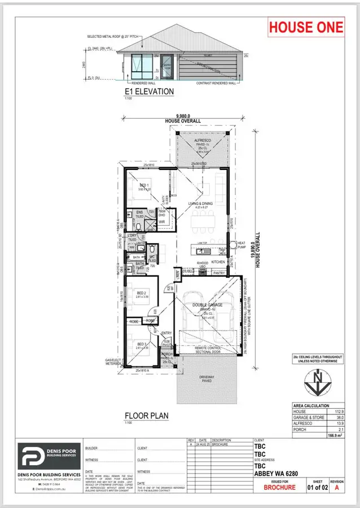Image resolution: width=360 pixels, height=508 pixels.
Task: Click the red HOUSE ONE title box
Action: [305, 27]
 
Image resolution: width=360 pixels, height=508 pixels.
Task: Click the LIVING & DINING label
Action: [202, 204]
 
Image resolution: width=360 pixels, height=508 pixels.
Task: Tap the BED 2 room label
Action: [142, 293]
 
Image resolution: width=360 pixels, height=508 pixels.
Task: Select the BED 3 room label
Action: [142, 344]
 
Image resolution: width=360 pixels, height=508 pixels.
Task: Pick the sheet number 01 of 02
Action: [314, 485]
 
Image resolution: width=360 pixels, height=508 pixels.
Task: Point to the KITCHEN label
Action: [218, 262]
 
